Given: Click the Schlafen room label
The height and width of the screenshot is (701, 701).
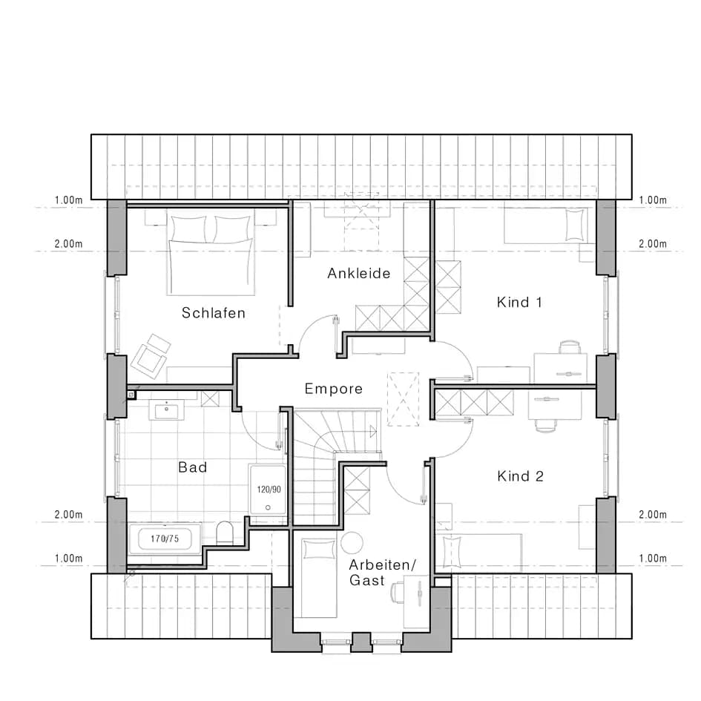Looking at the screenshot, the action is (x=213, y=312).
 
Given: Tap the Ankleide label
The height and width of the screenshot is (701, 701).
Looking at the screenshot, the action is (x=358, y=273).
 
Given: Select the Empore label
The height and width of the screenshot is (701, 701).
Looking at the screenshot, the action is (x=334, y=389).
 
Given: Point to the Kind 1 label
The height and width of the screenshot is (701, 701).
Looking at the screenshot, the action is (x=519, y=302).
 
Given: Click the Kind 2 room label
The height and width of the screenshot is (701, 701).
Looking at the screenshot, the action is (x=521, y=476).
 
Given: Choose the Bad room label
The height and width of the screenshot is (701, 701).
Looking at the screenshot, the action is (x=193, y=467).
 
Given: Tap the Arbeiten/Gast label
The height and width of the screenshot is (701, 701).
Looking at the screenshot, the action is (x=382, y=572).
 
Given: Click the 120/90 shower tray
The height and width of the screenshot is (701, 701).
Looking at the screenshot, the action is (x=268, y=490).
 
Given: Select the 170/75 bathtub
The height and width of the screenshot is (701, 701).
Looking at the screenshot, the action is (x=165, y=539).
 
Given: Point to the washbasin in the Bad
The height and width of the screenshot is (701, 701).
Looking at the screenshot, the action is (x=167, y=409).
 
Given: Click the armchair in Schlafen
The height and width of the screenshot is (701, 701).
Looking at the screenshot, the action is (x=150, y=353).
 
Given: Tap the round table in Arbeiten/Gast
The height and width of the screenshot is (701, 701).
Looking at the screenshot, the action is (x=352, y=542).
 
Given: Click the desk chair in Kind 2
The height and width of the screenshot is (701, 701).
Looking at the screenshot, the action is (x=545, y=426).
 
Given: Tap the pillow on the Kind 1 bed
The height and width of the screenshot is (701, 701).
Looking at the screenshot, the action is (x=575, y=225).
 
